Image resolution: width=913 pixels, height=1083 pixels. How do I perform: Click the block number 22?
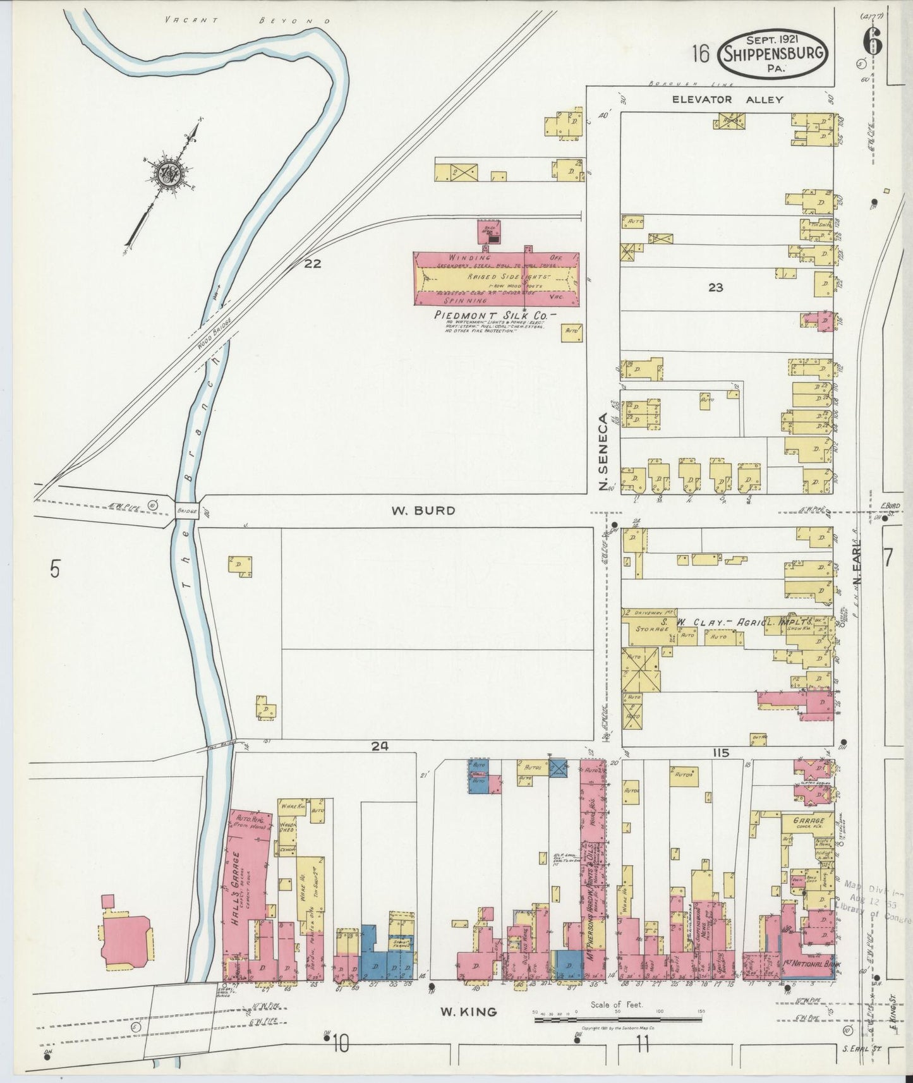click(x=311, y=264)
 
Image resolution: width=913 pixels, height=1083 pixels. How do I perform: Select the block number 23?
click(x=715, y=287)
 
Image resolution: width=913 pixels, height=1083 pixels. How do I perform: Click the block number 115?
click(x=720, y=753)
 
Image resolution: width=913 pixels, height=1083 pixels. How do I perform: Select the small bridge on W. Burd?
click(x=187, y=510)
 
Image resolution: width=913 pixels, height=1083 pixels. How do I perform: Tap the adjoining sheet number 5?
click(x=56, y=569)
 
